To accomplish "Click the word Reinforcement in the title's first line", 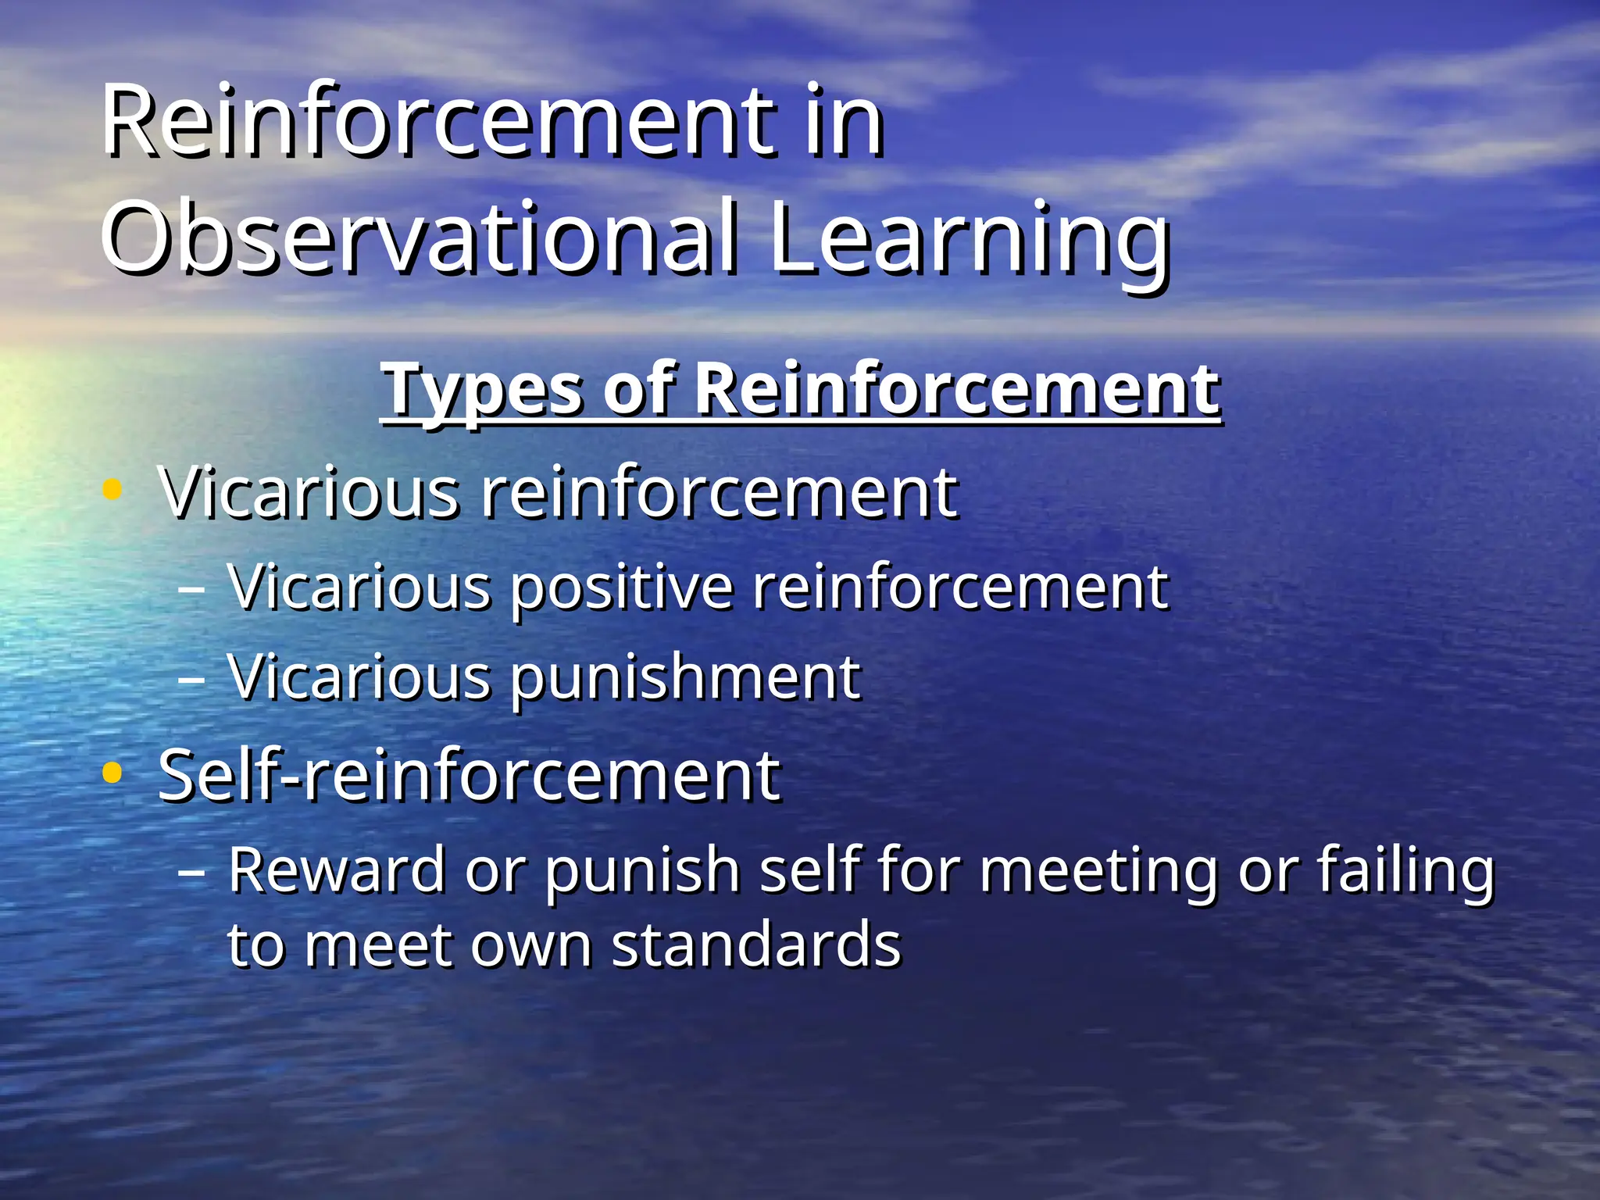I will tap(437, 121).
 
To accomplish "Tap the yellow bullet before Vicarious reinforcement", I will tap(112, 491).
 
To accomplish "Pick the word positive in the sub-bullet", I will tap(621, 587).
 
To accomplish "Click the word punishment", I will tap(685, 677).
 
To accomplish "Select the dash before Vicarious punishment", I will tap(191, 678).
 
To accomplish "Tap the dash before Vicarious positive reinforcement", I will tap(191, 587).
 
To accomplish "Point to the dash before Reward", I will tap(191, 870).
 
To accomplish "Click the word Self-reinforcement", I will tap(469, 775).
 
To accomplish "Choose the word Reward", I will tap(336, 870).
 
